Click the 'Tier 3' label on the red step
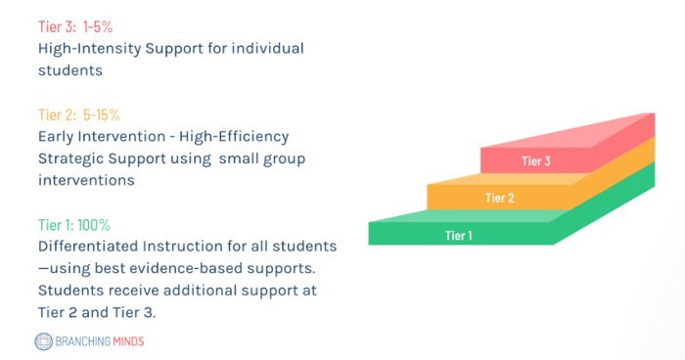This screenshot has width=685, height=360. (x=536, y=160)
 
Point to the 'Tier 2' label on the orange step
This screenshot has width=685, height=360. (x=499, y=199)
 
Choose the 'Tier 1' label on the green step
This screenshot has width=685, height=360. (x=459, y=235)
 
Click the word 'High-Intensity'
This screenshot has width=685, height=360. (x=87, y=48)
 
